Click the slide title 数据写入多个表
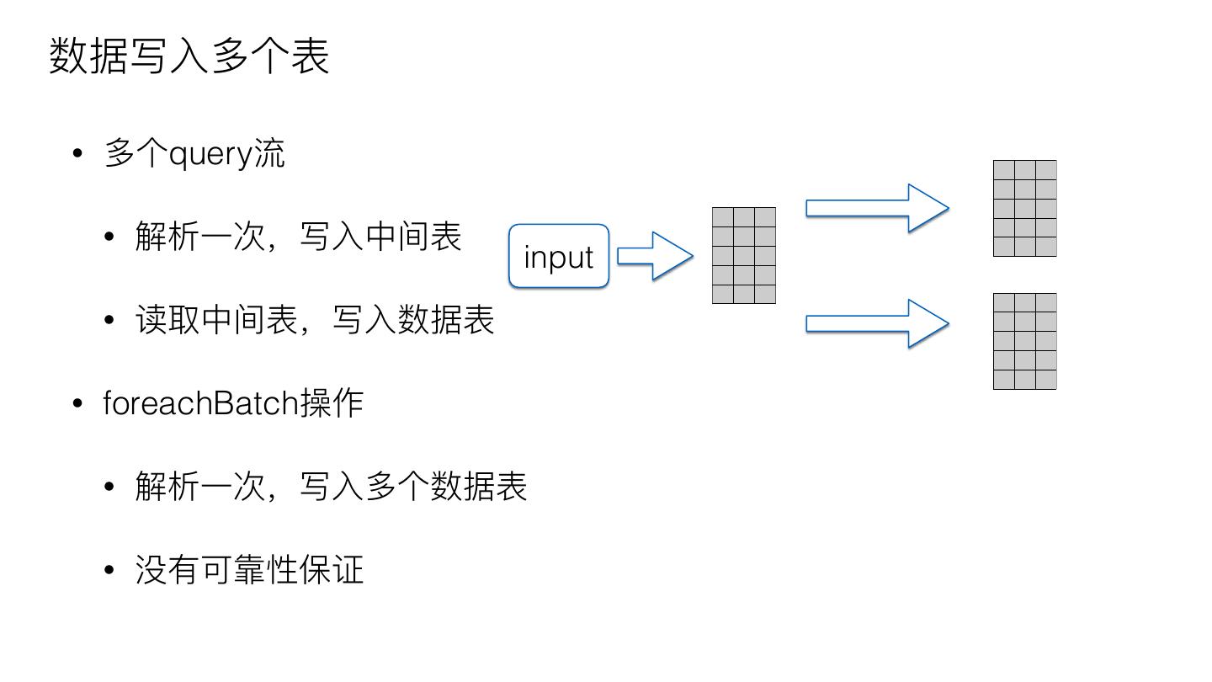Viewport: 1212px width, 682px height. click(x=189, y=56)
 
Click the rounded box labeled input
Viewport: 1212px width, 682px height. click(x=559, y=256)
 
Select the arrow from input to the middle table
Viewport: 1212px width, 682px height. click(x=656, y=256)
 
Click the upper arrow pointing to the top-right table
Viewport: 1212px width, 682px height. click(x=878, y=208)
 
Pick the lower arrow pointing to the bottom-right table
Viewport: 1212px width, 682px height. click(x=878, y=323)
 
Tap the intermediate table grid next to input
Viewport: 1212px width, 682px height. click(x=744, y=255)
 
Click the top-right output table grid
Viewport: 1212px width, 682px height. click(x=1024, y=208)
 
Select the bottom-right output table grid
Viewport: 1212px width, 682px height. click(x=1024, y=341)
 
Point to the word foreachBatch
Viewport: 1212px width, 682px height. click(x=200, y=402)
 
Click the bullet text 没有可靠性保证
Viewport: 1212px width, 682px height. click(x=249, y=570)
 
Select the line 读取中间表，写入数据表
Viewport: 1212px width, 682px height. click(x=314, y=320)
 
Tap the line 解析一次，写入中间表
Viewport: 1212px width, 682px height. click(x=298, y=237)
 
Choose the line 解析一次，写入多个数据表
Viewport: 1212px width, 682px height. click(x=331, y=487)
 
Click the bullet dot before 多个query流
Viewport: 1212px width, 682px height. click(x=78, y=154)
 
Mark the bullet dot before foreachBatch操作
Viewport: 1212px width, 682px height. click(x=78, y=403)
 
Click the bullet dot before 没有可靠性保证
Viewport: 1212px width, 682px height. click(x=109, y=570)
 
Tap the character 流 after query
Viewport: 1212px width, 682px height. click(x=269, y=154)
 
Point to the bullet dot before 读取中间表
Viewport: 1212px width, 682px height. click(x=109, y=321)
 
